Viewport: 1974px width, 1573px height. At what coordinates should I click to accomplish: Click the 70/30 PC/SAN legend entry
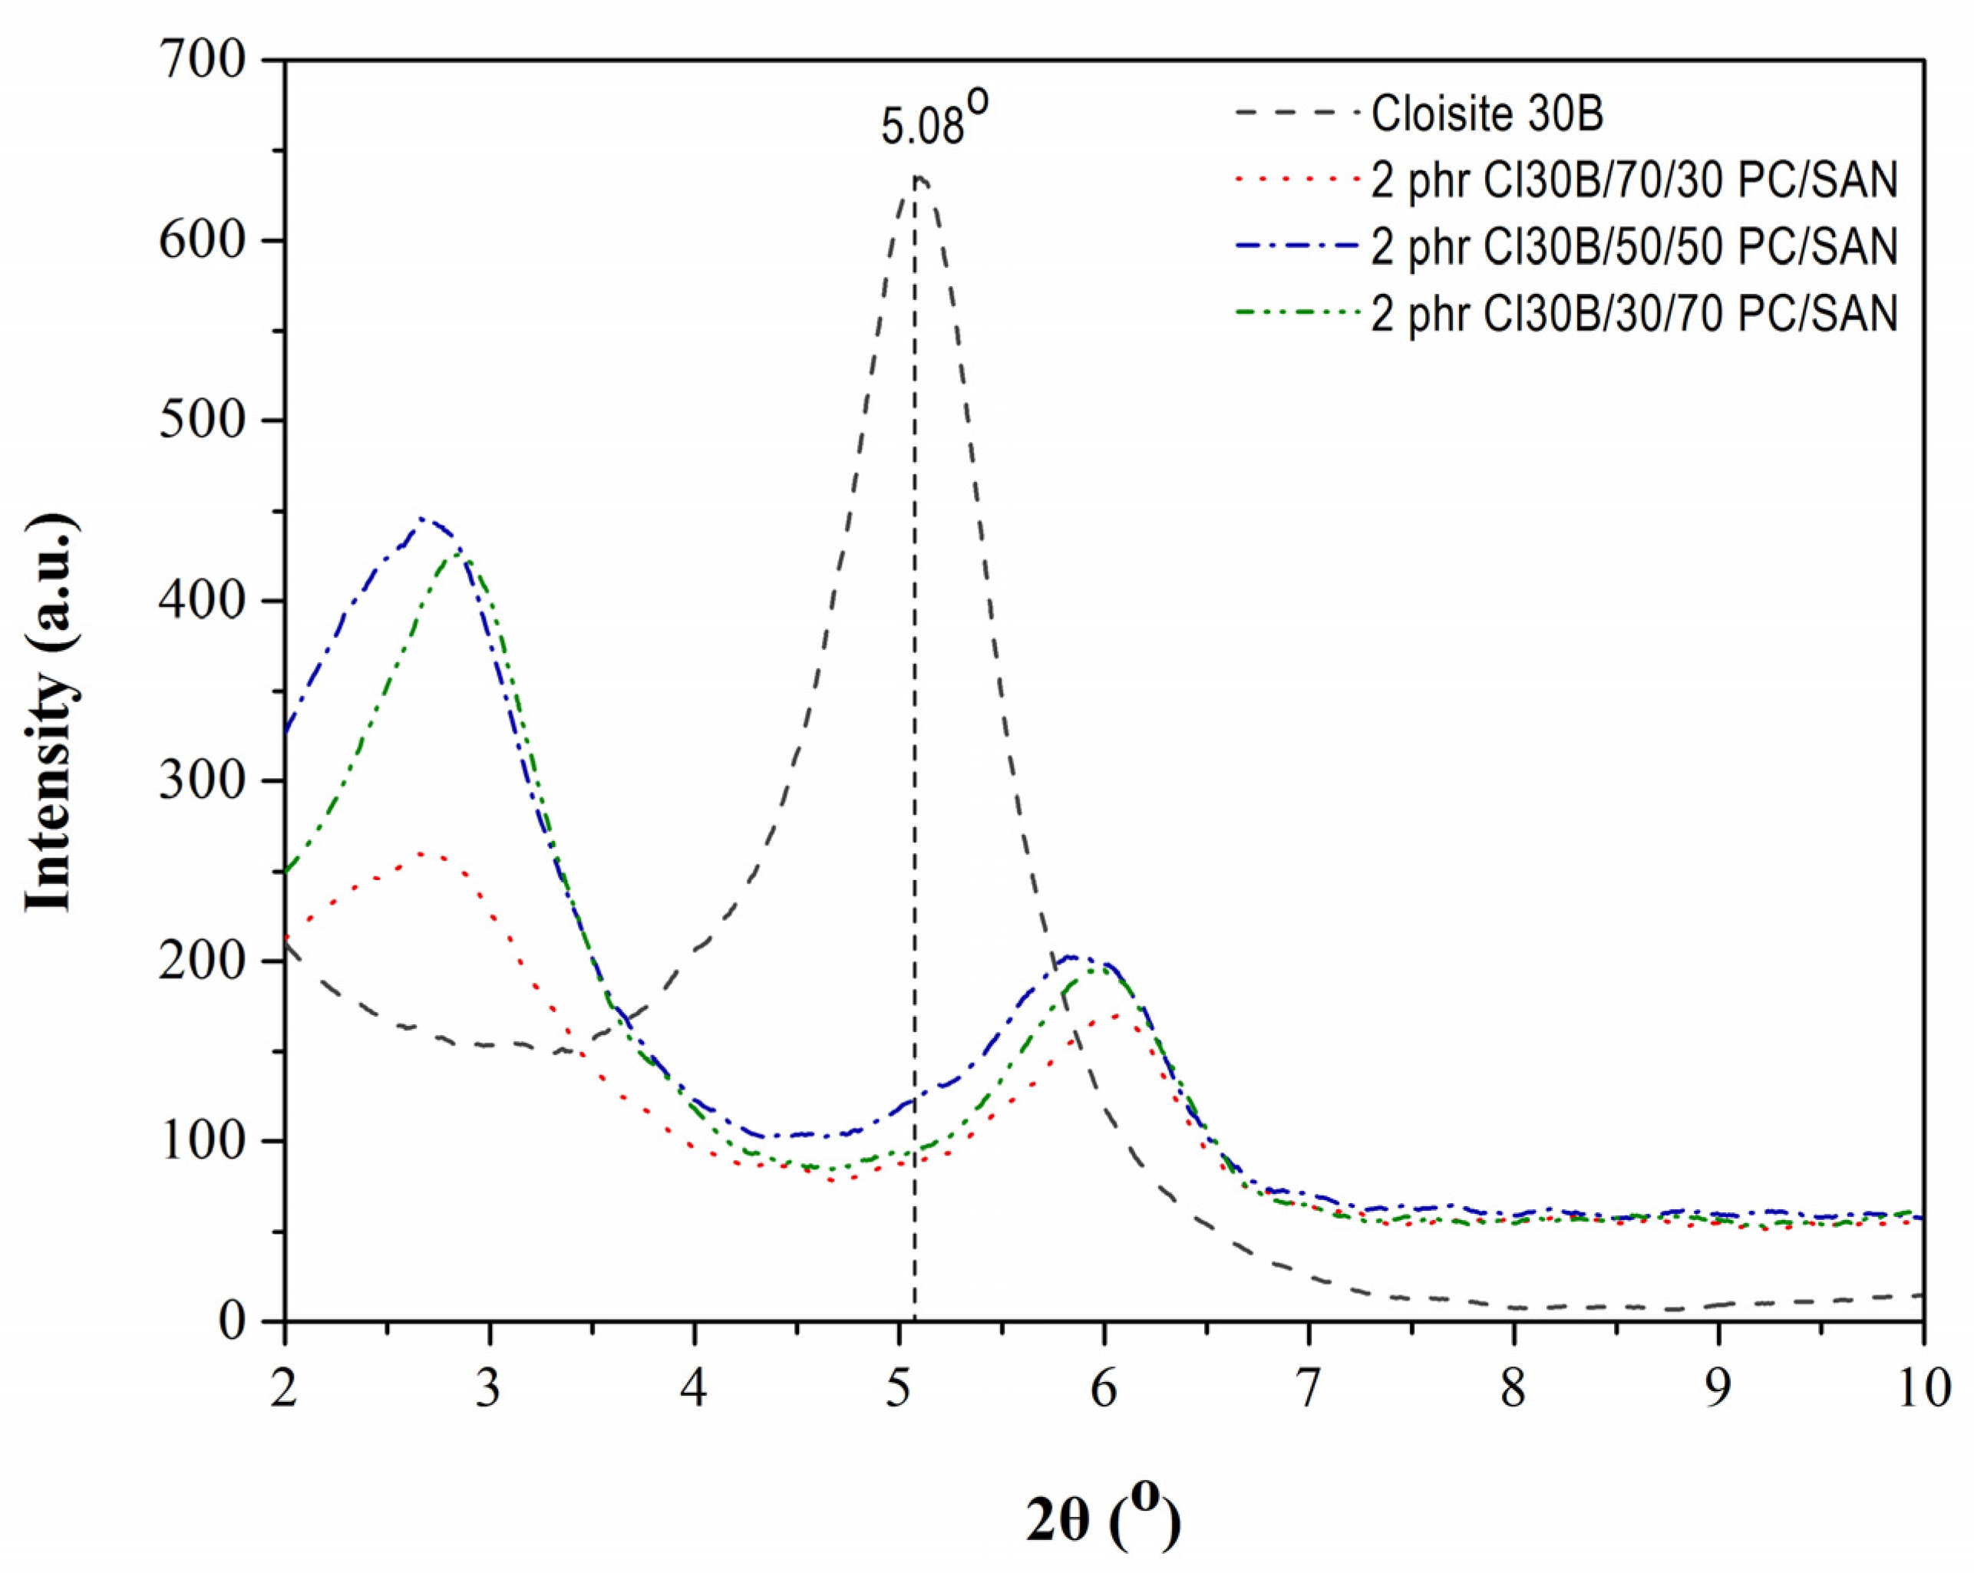click(1633, 180)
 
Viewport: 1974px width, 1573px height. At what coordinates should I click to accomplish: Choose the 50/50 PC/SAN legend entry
click(1633, 247)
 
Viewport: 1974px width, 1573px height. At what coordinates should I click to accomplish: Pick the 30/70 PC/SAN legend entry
click(1633, 314)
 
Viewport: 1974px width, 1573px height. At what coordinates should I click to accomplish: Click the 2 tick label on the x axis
click(285, 1388)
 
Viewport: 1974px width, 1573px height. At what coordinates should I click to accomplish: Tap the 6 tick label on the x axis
click(1104, 1388)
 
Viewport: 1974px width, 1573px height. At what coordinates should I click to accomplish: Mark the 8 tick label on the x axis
click(1514, 1388)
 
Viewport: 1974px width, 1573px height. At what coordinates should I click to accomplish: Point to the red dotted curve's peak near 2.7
click(422, 853)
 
